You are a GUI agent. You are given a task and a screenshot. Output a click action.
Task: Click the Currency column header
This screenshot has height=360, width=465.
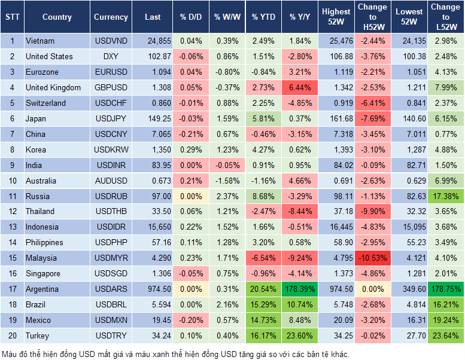(x=111, y=17)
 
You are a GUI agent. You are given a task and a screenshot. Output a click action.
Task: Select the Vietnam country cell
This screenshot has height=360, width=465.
(x=40, y=41)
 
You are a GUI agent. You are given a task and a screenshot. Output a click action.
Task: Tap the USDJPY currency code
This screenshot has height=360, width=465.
(x=111, y=118)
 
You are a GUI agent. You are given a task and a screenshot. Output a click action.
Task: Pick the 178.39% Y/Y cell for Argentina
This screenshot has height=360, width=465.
(x=301, y=289)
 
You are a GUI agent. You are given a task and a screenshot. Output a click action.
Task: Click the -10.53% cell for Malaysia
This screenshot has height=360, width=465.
(x=372, y=258)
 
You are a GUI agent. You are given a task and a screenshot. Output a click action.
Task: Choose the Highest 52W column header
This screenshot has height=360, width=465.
(x=336, y=17)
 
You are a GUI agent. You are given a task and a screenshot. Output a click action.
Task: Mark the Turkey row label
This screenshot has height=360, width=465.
(x=38, y=335)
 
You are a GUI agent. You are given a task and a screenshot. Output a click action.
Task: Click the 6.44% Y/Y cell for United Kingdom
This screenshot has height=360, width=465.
(x=301, y=87)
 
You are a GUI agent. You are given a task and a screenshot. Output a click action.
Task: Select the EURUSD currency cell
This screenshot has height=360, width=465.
(x=111, y=72)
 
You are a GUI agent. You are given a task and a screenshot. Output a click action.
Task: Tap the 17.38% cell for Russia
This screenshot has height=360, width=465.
(x=445, y=196)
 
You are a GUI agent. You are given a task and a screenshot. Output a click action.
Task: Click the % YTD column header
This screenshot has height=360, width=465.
(x=263, y=17)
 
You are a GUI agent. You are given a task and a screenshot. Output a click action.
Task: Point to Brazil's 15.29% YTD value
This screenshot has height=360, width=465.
(x=263, y=304)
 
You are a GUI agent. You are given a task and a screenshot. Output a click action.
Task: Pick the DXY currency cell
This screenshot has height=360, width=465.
(x=111, y=56)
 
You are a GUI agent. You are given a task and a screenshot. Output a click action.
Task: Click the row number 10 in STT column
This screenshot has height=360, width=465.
(x=12, y=181)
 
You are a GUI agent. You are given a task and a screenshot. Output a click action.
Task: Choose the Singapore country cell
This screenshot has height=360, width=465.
(x=43, y=273)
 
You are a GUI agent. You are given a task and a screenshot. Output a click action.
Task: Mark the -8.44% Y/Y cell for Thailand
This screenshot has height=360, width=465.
(x=301, y=211)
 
